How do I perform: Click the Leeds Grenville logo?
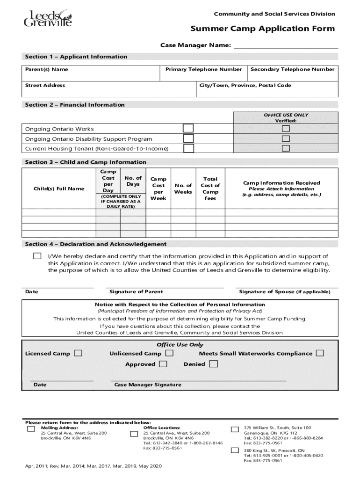coord(48,19)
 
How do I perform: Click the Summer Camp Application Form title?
coord(262,29)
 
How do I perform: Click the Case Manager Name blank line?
coord(286,45)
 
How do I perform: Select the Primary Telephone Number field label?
coord(203,69)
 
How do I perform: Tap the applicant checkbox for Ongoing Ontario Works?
coord(188,128)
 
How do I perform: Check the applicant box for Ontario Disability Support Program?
coord(188,138)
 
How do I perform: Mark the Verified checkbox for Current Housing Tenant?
coord(285,148)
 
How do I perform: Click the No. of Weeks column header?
coord(183,189)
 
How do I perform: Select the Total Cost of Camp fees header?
coord(210,189)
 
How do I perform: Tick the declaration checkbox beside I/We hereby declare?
coord(37,256)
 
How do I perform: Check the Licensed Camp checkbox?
coord(78,353)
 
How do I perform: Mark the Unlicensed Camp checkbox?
coord(169,353)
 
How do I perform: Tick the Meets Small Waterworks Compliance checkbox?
coord(320,353)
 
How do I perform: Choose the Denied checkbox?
coord(213,364)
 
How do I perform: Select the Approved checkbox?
coord(163,364)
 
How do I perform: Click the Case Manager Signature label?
coord(148,385)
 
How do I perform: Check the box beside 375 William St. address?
coord(235,429)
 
